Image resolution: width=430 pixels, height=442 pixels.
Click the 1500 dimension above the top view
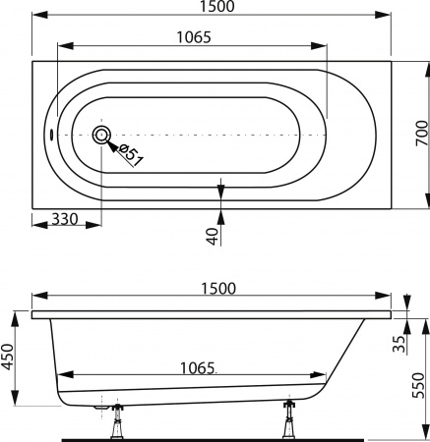pyautogui.click(x=212, y=9)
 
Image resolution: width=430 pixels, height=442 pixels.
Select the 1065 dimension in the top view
pyautogui.click(x=192, y=36)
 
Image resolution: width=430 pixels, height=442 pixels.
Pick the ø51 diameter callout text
pyautogui.click(x=132, y=153)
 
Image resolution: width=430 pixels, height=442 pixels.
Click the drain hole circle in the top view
pyautogui.click(x=102, y=136)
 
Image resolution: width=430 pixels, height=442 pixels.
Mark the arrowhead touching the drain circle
pyautogui.click(x=112, y=144)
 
